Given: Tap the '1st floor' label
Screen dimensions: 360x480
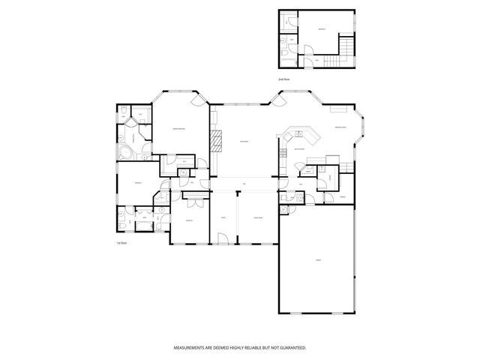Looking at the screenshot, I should click(120, 244).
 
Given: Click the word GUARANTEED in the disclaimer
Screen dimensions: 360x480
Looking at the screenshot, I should click(294, 349).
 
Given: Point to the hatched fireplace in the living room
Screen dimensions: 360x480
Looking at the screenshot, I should click(217, 140).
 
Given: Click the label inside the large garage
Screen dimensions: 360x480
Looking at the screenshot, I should click(318, 260).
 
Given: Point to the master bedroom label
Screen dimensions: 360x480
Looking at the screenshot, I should click(178, 128).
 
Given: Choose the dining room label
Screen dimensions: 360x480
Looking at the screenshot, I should click(257, 217).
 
